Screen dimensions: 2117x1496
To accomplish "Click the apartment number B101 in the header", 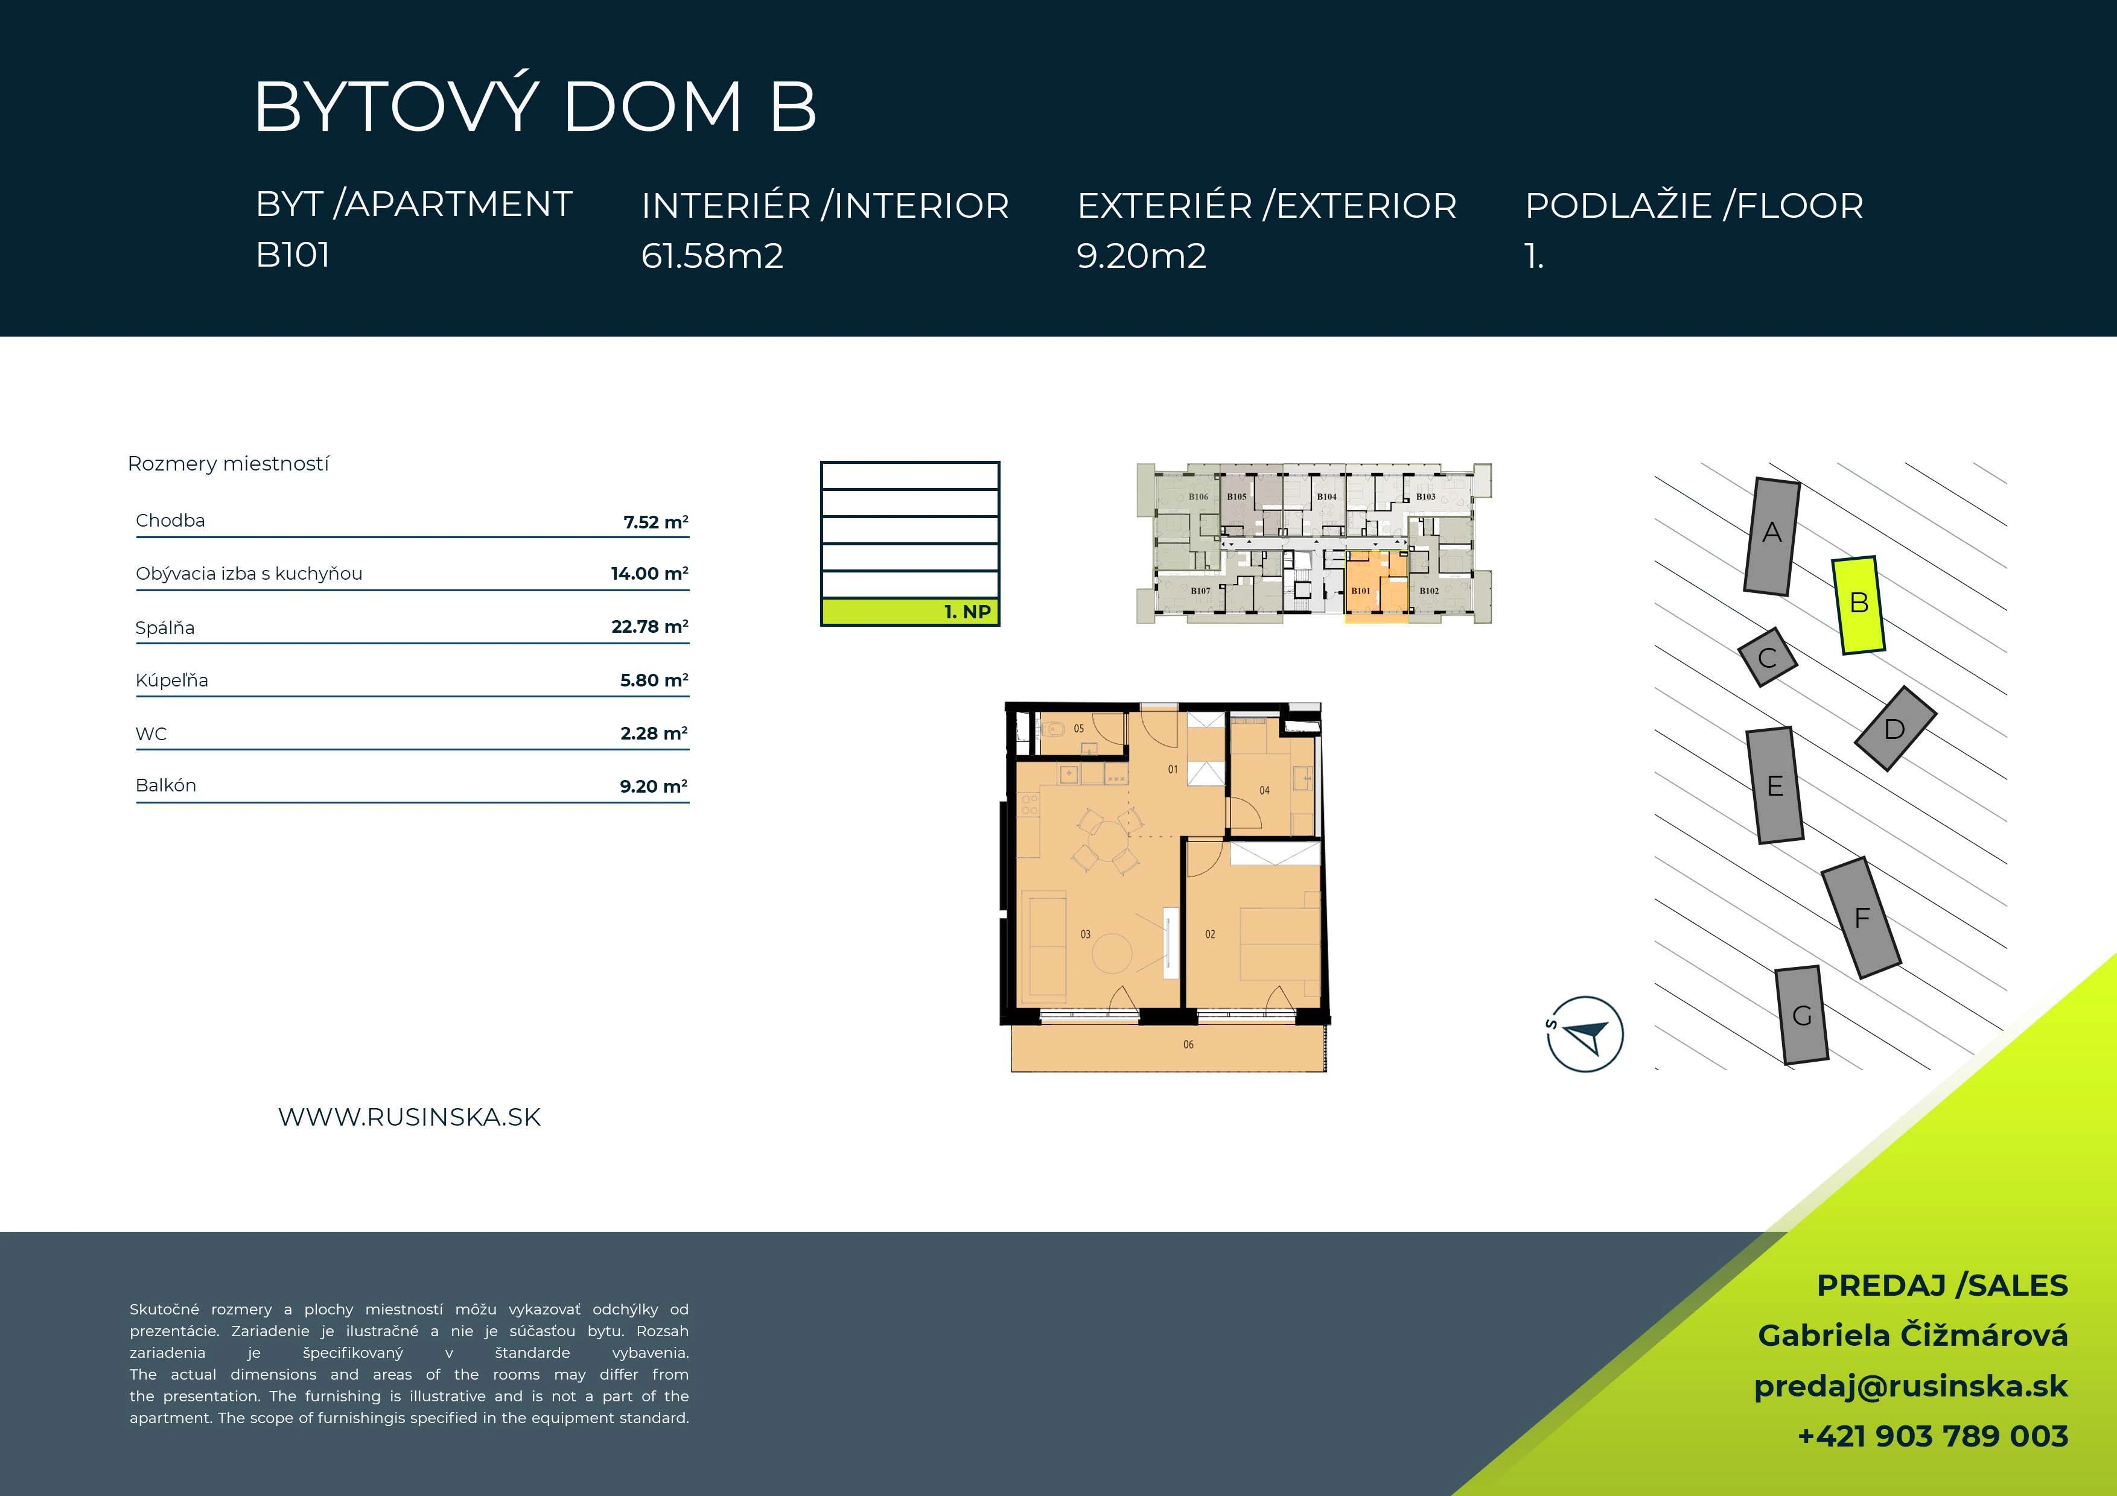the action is (293, 255).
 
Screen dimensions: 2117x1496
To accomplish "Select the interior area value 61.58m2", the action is (712, 255).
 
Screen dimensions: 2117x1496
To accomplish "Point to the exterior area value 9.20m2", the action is (1142, 255).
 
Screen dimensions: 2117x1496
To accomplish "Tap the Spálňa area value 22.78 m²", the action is (650, 627).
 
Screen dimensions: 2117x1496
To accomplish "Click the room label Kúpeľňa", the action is (171, 680).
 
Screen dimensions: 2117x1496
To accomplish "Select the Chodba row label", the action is (171, 520).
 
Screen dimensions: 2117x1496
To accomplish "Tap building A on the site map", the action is (1771, 536).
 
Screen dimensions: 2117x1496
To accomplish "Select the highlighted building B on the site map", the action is (1858, 604).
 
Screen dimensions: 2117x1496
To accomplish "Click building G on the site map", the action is (1801, 1015).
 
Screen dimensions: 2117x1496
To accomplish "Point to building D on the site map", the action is (1895, 728).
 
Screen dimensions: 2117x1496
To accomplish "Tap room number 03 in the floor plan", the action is (1085, 934).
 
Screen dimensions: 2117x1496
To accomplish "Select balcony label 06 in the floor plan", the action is (1188, 1044).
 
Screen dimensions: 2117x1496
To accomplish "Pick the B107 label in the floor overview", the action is (1200, 591).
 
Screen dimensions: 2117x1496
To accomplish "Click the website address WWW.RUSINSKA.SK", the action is (409, 1117).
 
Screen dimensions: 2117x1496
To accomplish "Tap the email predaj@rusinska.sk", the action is (1911, 1386).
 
